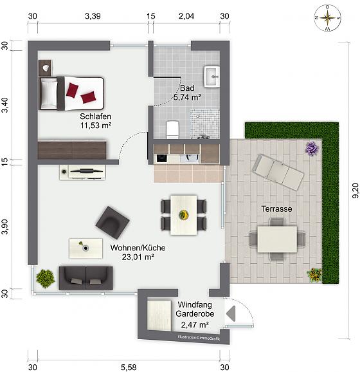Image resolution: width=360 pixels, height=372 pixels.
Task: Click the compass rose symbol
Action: pos(327,18)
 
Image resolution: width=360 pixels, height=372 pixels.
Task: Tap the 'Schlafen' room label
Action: pos(96,116)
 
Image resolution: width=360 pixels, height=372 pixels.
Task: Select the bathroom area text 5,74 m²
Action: pos(187,97)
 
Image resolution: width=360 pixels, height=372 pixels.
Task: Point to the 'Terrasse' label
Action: pos(276,209)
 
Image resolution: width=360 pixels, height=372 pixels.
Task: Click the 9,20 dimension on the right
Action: pos(355,191)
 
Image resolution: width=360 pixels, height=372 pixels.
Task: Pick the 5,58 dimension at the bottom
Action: pos(129,367)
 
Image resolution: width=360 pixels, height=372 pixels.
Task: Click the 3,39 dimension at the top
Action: pos(93,16)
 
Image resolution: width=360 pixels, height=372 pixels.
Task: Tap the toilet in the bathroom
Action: pos(172,129)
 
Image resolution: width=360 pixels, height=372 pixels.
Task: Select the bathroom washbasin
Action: pos(212,77)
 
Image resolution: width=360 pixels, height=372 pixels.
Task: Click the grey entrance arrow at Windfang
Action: pos(231,313)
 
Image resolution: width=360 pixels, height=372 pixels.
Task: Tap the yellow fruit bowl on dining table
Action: pos(184,214)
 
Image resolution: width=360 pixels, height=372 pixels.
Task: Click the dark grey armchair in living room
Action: pos(113,223)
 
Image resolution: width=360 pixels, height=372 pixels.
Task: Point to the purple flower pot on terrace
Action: pos(312,148)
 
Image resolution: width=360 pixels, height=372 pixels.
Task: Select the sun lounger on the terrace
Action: pos(278,172)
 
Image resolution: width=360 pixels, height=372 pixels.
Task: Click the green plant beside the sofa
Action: pos(45,279)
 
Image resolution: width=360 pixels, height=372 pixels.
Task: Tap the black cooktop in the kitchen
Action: pos(162,158)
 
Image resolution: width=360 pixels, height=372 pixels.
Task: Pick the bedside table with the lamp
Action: pos(45,68)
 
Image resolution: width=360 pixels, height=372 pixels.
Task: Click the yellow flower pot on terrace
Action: pos(314,275)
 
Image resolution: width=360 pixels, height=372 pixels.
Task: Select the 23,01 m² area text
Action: pos(138,257)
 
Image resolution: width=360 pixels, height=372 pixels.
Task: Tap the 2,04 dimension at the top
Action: pos(186,16)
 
